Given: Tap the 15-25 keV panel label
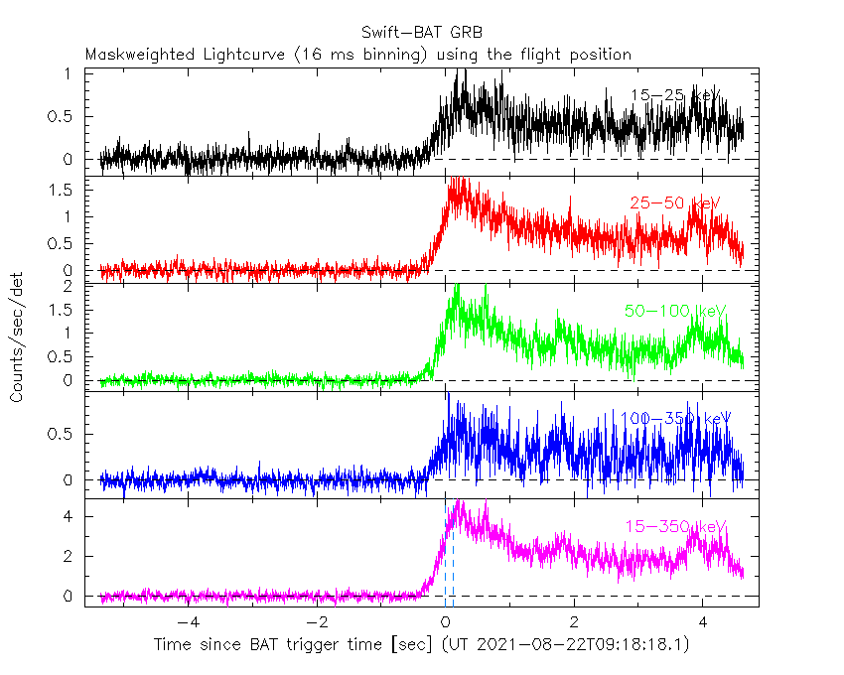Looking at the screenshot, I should click(675, 95).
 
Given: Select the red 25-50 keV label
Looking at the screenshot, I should click(674, 203).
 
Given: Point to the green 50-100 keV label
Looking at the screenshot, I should click(675, 312).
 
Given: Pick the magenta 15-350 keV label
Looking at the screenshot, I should click(675, 526).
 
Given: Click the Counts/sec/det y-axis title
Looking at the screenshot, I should click(18, 337).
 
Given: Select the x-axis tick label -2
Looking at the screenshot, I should click(317, 623).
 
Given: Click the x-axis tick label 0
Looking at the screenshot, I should click(445, 623).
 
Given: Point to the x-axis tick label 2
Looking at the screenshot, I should click(574, 623).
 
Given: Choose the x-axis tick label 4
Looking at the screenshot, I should click(702, 623).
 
